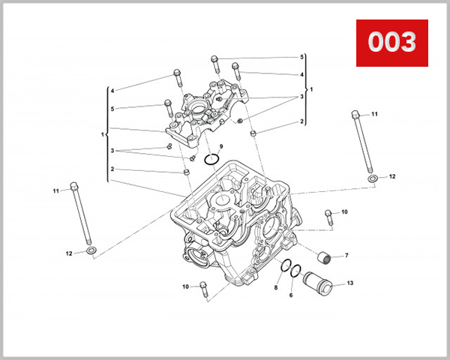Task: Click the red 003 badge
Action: point(391,42)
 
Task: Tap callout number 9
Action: point(221,145)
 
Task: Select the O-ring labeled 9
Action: point(212,158)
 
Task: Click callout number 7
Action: point(346,256)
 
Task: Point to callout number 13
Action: point(350,283)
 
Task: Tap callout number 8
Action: point(276,288)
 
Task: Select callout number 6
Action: point(291,295)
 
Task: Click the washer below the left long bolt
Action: point(91,249)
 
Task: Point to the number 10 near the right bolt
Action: point(344,212)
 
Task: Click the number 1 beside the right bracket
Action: point(311,89)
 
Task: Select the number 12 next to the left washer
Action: point(69,253)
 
